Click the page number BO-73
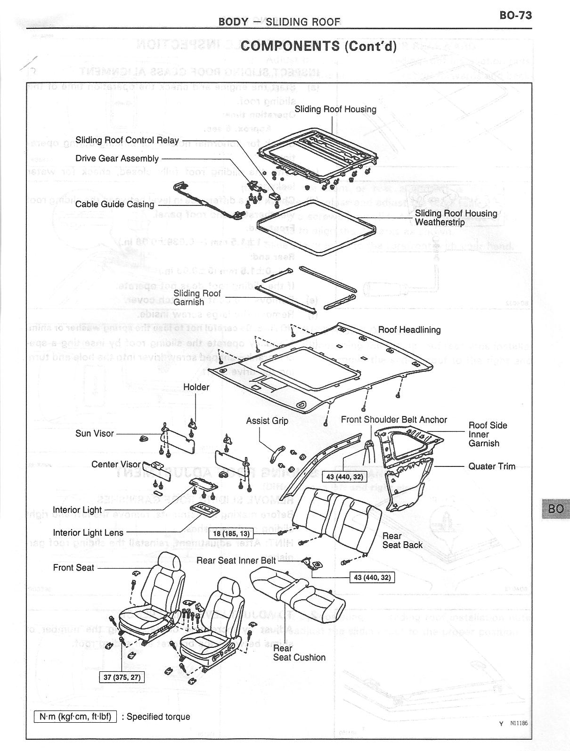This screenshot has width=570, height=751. pyautogui.click(x=515, y=16)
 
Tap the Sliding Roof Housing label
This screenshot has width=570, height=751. pyautogui.click(x=335, y=109)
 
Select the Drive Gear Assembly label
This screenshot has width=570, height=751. pyautogui.click(x=117, y=158)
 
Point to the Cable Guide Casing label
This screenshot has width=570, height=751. pyautogui.click(x=114, y=204)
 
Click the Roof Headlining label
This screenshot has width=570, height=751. pyautogui.click(x=409, y=330)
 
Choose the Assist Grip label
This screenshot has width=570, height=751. pyautogui.click(x=267, y=421)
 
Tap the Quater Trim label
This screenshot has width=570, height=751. pyautogui.click(x=491, y=466)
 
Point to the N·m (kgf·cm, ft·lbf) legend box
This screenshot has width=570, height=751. pyautogui.click(x=75, y=717)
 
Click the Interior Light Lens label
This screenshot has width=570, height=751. pyautogui.click(x=88, y=533)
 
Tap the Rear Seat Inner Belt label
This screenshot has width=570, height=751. pyautogui.click(x=236, y=560)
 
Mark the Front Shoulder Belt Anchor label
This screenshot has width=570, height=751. pyautogui.click(x=394, y=420)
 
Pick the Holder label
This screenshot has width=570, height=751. pyautogui.click(x=196, y=387)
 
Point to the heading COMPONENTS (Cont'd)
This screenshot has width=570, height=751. pyautogui.click(x=318, y=46)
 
